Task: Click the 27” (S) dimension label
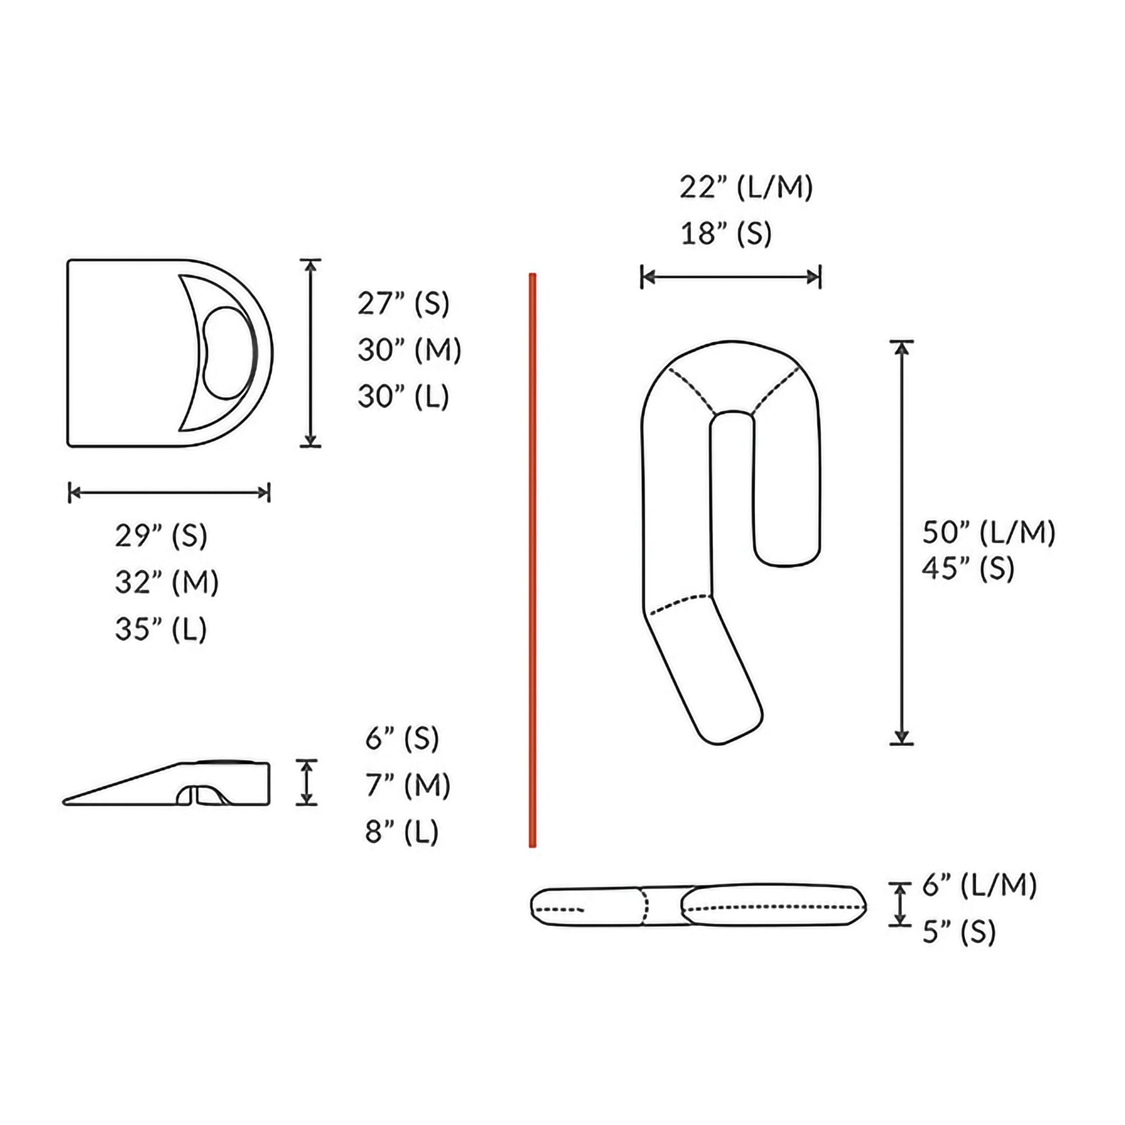point(403,303)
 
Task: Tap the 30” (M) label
point(409,350)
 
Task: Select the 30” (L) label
point(403,397)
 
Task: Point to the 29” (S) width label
point(161,535)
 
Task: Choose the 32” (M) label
point(166,582)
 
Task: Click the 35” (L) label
point(161,629)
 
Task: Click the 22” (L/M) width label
point(746,187)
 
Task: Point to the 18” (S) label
point(726,234)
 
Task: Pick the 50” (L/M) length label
point(988,532)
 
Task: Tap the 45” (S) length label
point(967,568)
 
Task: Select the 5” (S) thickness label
point(959,932)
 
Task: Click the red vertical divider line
point(532,559)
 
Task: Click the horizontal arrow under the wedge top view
point(169,493)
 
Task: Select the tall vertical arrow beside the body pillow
point(901,542)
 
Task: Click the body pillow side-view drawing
point(699,907)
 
